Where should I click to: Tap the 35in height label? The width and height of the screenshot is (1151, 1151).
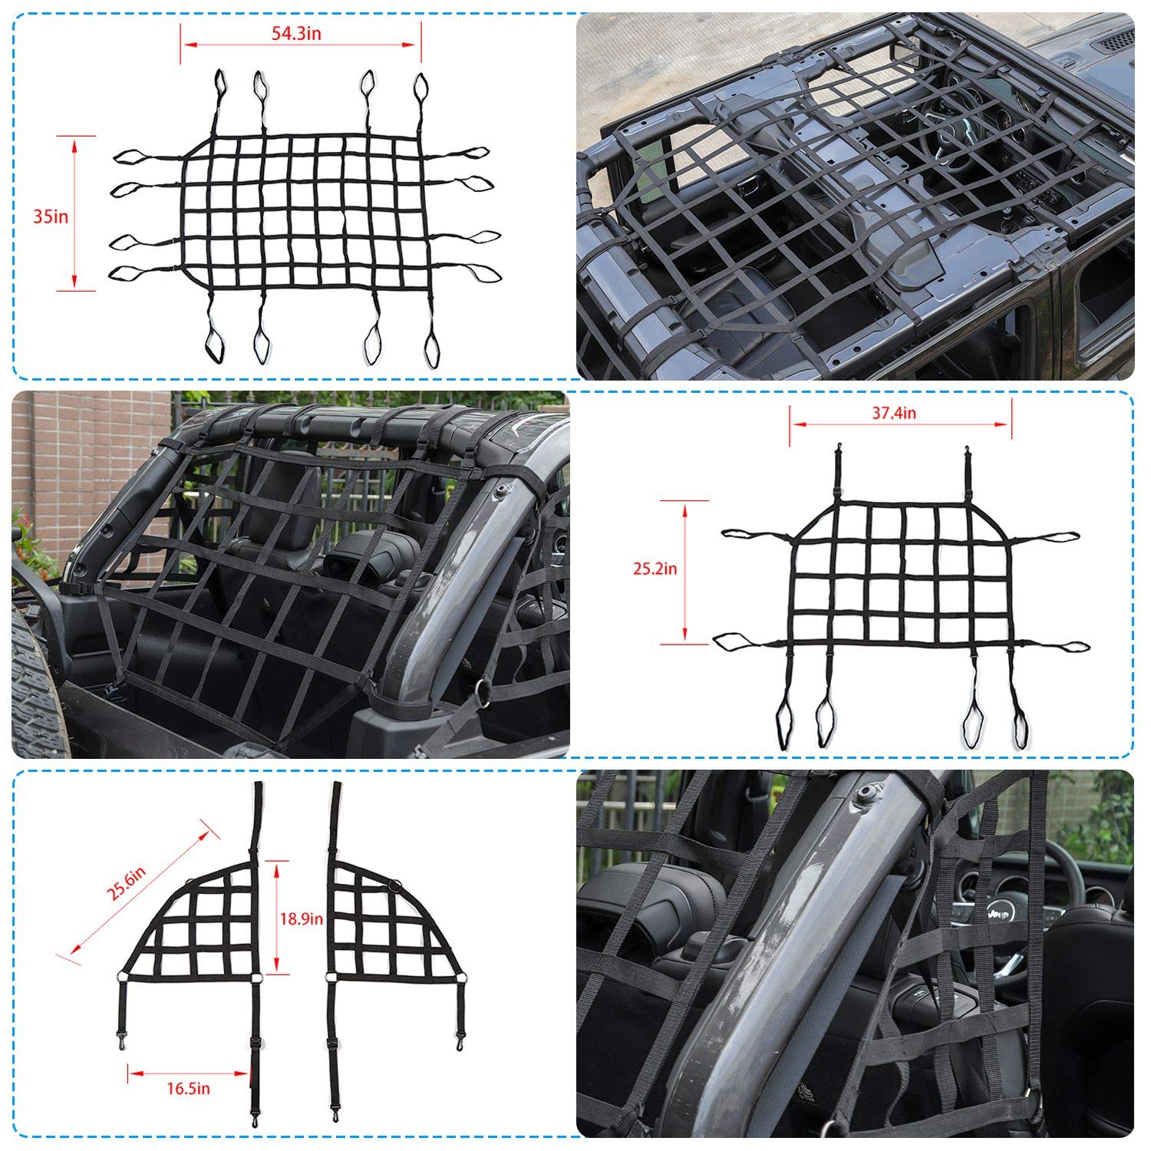pyautogui.click(x=51, y=216)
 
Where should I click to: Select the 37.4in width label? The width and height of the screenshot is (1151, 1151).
pyautogui.click(x=894, y=413)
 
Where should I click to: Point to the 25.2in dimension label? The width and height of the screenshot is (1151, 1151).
pyautogui.click(x=655, y=569)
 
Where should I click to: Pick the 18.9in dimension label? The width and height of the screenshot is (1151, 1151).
pyautogui.click(x=302, y=918)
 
